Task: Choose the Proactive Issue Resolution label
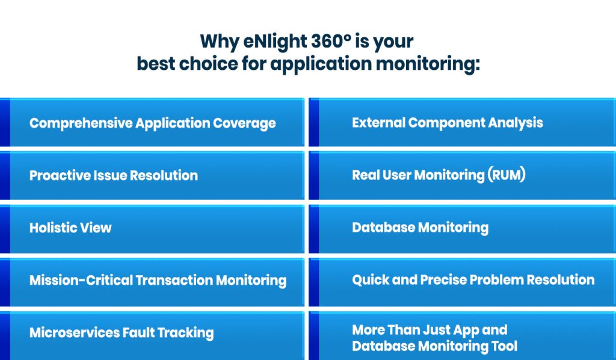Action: [x=113, y=176]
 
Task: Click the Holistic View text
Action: [x=70, y=228]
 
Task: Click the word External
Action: [x=378, y=123]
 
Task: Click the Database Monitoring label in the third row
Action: [x=420, y=228]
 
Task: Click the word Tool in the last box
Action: [x=504, y=346]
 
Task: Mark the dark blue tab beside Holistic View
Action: [x=5, y=229]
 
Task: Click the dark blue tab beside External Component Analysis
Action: [x=313, y=123]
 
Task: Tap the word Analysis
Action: [x=516, y=123]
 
